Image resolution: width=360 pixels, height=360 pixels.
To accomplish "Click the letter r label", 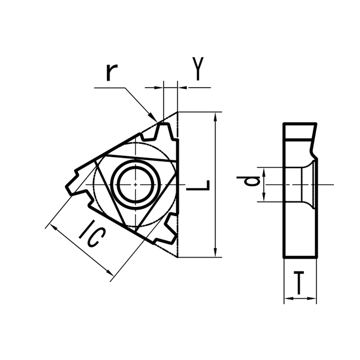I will coord(112,72).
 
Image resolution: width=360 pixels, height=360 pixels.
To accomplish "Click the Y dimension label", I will coord(198,68).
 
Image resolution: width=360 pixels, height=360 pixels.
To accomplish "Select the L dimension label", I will coord(198,185).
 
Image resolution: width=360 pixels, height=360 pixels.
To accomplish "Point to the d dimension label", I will coord(254,181).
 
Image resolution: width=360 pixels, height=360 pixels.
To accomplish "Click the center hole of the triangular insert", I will coord(135,184).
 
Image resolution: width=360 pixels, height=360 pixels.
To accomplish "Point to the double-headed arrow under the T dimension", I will coord(300,298).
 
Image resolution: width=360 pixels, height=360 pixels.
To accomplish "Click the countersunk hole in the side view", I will coord(306,184).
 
